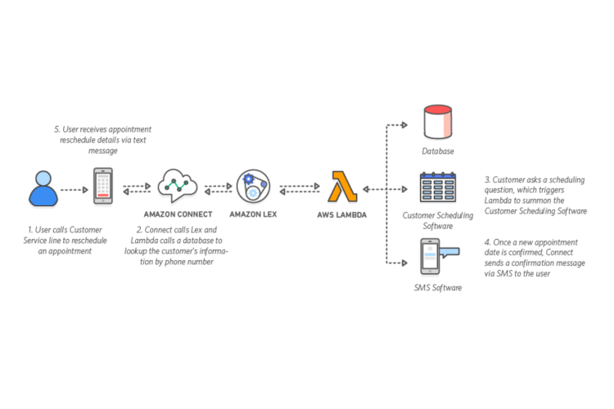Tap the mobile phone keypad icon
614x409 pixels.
(102, 188)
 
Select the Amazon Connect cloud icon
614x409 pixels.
(178, 187)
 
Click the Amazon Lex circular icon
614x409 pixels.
(254, 188)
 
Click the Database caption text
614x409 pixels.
(440, 151)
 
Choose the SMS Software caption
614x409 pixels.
(440, 288)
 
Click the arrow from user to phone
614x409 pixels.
(74, 189)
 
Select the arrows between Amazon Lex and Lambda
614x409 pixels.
(299, 189)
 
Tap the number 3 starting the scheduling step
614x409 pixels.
(487, 178)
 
